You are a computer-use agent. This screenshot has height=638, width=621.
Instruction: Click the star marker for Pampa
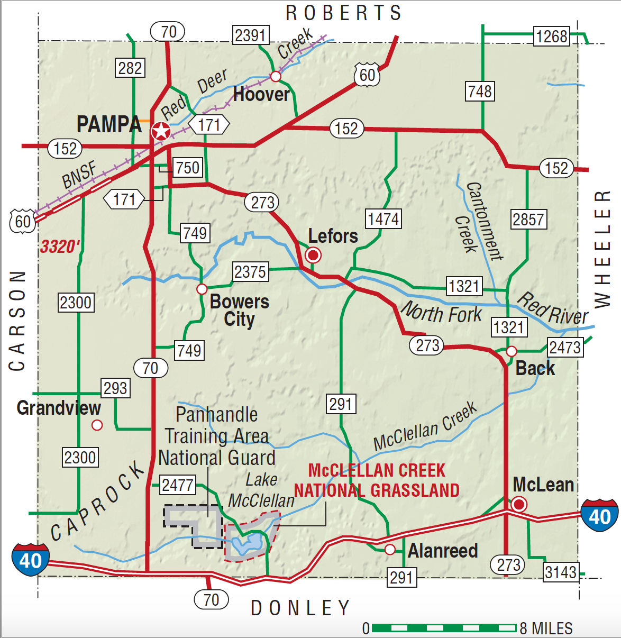click(161, 131)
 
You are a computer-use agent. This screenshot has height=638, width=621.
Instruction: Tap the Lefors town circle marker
click(313, 256)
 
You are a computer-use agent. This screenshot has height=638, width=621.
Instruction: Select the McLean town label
click(543, 485)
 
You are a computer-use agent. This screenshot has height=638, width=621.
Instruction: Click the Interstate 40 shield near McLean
click(599, 515)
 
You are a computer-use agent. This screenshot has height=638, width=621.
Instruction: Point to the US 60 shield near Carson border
click(22, 221)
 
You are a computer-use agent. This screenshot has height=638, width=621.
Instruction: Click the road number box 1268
click(552, 37)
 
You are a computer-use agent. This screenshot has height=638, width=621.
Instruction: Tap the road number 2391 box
click(250, 35)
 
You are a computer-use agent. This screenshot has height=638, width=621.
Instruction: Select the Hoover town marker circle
click(275, 77)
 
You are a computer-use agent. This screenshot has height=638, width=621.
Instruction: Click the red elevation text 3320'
click(60, 247)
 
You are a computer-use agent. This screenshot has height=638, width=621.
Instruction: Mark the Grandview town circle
click(97, 425)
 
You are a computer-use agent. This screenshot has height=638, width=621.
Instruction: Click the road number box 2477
click(177, 485)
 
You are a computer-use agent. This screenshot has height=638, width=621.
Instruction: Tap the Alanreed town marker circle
click(390, 550)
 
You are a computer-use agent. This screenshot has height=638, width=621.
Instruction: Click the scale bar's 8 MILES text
click(546, 628)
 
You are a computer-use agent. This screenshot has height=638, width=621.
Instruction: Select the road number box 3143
click(560, 572)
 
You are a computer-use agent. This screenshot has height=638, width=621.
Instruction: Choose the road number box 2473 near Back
click(565, 348)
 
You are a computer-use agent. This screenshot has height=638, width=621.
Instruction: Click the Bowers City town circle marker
click(202, 289)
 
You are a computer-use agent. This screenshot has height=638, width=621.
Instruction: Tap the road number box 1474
click(383, 218)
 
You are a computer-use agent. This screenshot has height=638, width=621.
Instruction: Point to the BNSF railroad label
click(80, 175)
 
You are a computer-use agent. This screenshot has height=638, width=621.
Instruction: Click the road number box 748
click(480, 92)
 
